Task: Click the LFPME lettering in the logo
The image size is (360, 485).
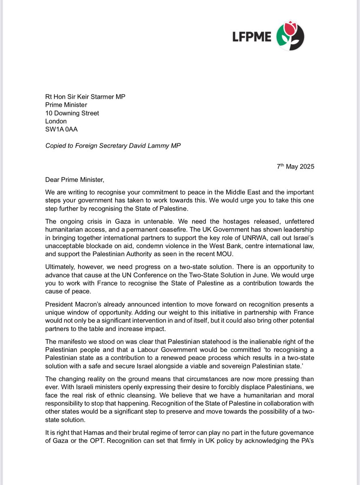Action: pos(252,37)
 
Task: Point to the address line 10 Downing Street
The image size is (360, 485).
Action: pos(72,113)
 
